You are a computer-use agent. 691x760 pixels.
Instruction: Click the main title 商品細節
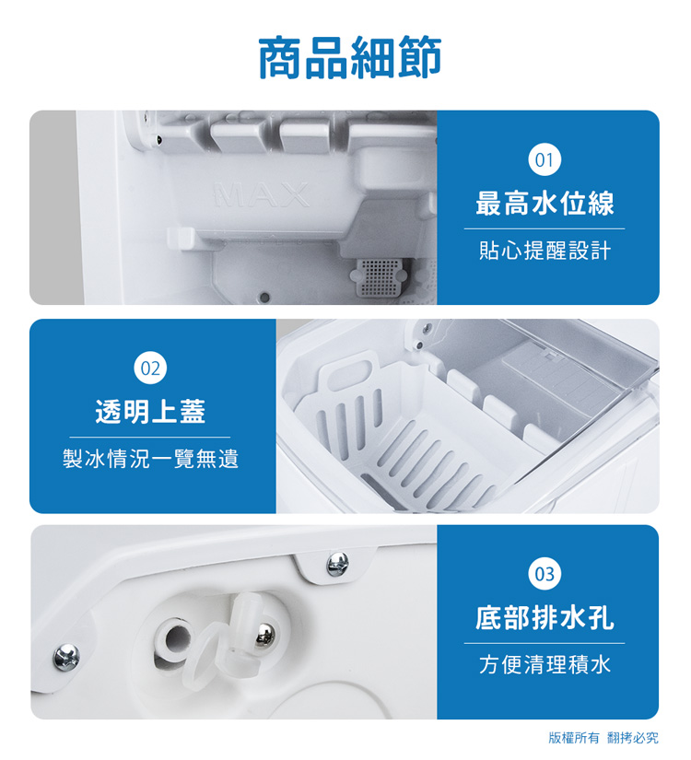click(x=349, y=57)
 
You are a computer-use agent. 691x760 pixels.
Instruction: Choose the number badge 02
click(x=150, y=368)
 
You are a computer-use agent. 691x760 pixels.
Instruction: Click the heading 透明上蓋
click(x=150, y=412)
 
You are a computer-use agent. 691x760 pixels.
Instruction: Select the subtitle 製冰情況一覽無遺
click(x=150, y=459)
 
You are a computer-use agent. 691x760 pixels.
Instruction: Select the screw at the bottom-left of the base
click(x=65, y=656)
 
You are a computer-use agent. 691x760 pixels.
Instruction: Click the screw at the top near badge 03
click(x=337, y=561)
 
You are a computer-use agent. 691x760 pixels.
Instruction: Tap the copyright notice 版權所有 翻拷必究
click(x=603, y=738)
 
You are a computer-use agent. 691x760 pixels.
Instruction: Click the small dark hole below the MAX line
click(x=264, y=297)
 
